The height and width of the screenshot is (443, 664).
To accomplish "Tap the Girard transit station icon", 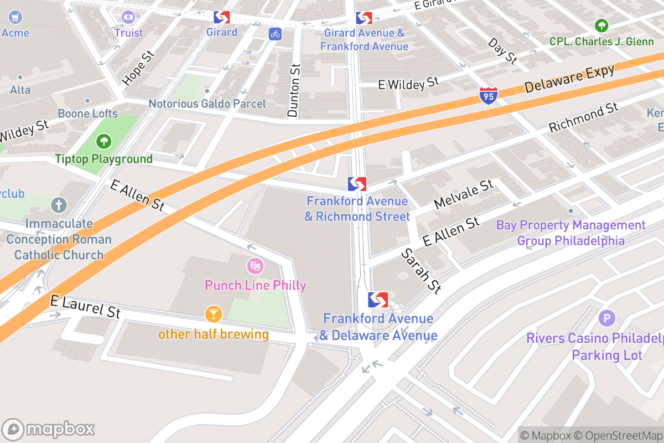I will coord(222,17).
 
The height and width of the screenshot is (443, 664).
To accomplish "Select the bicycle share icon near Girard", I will coord(276,34).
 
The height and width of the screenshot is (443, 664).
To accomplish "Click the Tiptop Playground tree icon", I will coord(103,142).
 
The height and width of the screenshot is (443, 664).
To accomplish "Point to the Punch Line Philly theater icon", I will coord(255,266).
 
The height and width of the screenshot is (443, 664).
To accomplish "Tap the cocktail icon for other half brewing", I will coord(213,314).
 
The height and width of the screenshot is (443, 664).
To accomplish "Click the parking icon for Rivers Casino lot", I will coord(607,318).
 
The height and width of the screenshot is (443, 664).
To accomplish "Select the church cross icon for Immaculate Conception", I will coord(58,205).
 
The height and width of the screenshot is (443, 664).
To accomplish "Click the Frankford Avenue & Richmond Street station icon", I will coord(357,184).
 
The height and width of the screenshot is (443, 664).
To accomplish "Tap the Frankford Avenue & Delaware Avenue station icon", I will coord(378,300).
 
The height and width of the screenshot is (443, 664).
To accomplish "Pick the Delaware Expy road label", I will coord(569,79).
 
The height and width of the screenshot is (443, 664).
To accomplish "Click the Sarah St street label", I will coord(421,270).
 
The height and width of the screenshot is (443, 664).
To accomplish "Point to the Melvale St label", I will coord(463,194).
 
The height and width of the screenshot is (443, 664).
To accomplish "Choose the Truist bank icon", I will coord(128,17).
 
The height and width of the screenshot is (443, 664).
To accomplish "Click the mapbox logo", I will coord(49,429).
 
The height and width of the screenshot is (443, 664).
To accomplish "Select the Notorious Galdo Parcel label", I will coord(207,104).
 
